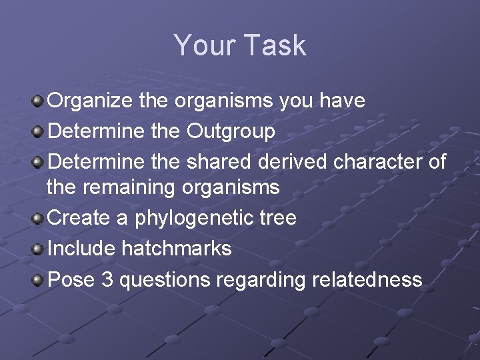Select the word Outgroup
click(x=231, y=131)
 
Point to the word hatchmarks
click(x=176, y=249)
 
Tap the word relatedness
click(x=366, y=279)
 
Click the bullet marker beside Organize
click(x=38, y=101)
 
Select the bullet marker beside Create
click(x=38, y=218)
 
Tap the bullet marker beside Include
click(x=38, y=249)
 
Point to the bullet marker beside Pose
click(x=38, y=279)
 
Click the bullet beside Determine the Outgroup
click(x=38, y=131)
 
